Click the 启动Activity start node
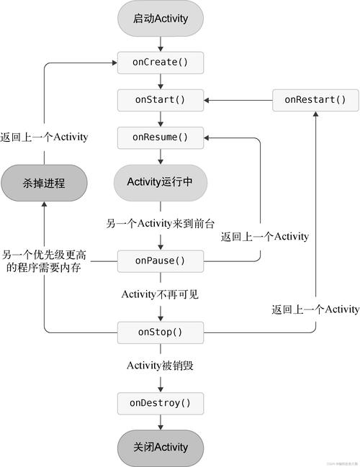[161, 19]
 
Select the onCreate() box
[161, 63]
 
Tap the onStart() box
[161, 99]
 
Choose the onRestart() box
[315, 99]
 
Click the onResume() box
[161, 137]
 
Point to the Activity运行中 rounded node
[161, 182]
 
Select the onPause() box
[161, 260]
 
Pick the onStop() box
[161, 332]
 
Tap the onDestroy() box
[161, 403]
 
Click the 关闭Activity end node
[161, 447]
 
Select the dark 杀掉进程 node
[44, 183]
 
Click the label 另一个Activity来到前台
[161, 222]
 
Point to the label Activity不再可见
[161, 294]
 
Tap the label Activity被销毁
[161, 366]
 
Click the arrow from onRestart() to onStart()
[238, 99]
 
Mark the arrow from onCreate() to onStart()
[161, 81]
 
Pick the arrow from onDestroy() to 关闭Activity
[161, 422]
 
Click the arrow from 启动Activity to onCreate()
[161, 42]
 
